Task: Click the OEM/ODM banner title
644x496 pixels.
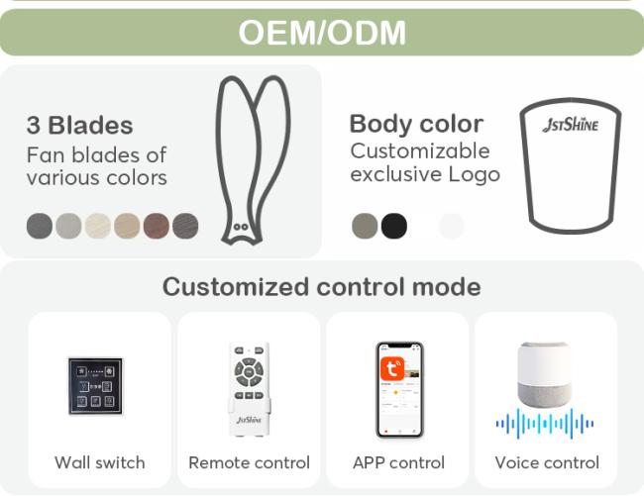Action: pos(322,33)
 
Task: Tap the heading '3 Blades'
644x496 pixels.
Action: pos(79,125)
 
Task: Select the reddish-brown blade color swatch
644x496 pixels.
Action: pos(157,226)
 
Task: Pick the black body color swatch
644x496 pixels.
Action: pos(394,226)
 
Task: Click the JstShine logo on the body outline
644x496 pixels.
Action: pos(570,125)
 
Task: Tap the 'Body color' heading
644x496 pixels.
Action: pos(416,124)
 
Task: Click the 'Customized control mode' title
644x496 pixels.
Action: pos(322,286)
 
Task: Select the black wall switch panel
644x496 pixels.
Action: pos(95,386)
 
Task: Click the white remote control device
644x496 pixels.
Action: pos(249,388)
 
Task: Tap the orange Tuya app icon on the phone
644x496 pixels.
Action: pos(391,368)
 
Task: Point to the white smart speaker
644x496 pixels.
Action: pos(544,374)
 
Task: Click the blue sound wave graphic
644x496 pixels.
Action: pos(544,424)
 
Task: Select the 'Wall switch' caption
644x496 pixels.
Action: pos(100,462)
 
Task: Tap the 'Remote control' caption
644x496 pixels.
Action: pos(249,462)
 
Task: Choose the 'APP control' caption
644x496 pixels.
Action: pos(398,462)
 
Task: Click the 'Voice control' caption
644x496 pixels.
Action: pos(547,462)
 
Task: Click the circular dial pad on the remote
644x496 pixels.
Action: pos(249,372)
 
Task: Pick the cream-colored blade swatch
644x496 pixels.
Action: pos(98,226)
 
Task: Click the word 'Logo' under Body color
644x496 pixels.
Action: pos(474,174)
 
